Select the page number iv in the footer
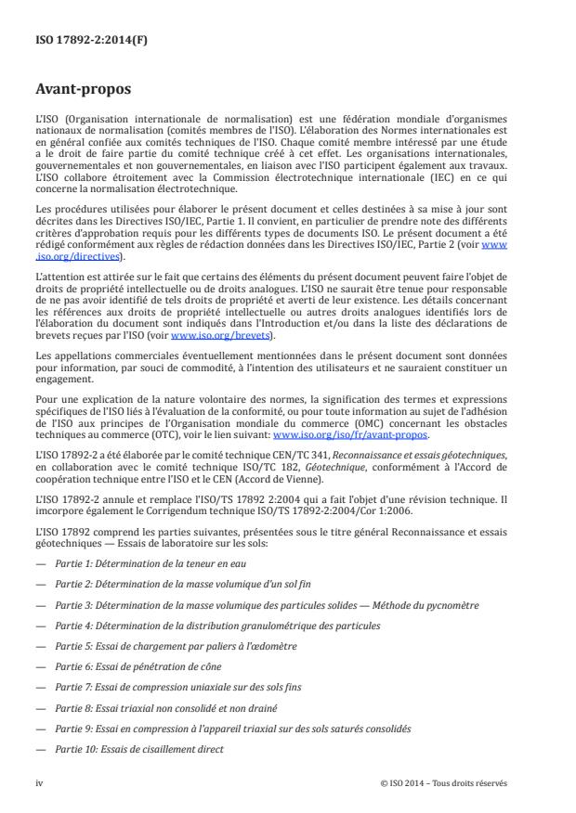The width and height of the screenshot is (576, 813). point(39,782)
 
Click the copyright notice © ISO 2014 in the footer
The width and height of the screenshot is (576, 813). point(444,782)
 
